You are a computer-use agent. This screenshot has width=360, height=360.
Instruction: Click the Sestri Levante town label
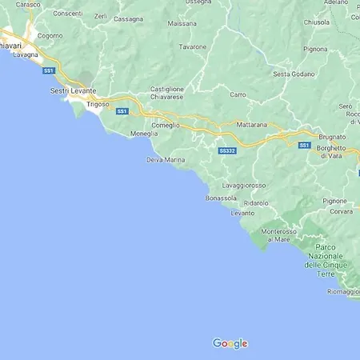[71, 92]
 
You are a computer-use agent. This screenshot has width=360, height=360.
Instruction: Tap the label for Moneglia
[143, 134]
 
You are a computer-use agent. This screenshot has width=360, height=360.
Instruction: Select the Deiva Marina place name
[166, 160]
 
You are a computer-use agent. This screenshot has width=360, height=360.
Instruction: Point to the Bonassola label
[221, 198]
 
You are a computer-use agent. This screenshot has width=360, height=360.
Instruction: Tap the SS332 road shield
[226, 150]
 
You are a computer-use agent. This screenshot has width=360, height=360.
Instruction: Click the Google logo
[230, 343]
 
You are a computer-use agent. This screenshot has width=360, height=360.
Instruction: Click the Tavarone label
[193, 46]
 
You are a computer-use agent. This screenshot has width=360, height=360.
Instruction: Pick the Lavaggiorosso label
[243, 186]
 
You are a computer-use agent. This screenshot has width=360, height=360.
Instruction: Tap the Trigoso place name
[97, 104]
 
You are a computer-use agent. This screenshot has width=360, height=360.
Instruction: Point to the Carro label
[238, 94]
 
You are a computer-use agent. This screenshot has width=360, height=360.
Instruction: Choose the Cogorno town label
[50, 36]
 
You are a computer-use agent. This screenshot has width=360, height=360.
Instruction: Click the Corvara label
[341, 211]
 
